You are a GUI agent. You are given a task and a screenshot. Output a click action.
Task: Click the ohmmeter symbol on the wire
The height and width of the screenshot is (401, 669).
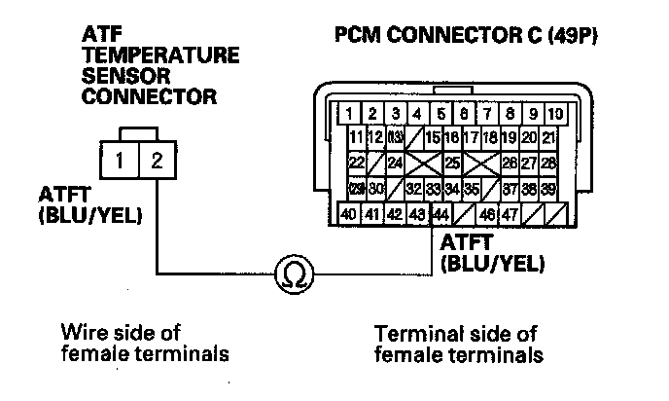[x=291, y=274]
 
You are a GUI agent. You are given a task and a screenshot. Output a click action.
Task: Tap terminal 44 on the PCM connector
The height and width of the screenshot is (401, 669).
[x=440, y=214]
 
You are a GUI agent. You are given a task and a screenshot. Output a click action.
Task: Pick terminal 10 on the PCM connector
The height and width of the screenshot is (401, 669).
[x=554, y=112]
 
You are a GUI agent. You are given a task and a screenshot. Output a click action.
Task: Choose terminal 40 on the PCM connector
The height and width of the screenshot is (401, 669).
[x=348, y=214]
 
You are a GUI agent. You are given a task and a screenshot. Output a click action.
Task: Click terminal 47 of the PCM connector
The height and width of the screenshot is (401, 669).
[x=509, y=214]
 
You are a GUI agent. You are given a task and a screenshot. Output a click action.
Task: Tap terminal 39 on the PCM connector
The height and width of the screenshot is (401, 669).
[x=549, y=188]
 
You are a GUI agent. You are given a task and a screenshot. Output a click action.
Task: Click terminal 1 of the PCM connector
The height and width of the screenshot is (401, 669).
[x=348, y=112]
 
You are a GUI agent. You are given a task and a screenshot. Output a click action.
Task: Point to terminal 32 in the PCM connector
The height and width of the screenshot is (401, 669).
[x=413, y=188]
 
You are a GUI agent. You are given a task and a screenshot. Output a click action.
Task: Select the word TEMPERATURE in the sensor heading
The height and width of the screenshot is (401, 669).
[x=160, y=57]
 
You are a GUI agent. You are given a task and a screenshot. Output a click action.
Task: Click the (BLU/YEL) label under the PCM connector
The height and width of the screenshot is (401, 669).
[x=492, y=263]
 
